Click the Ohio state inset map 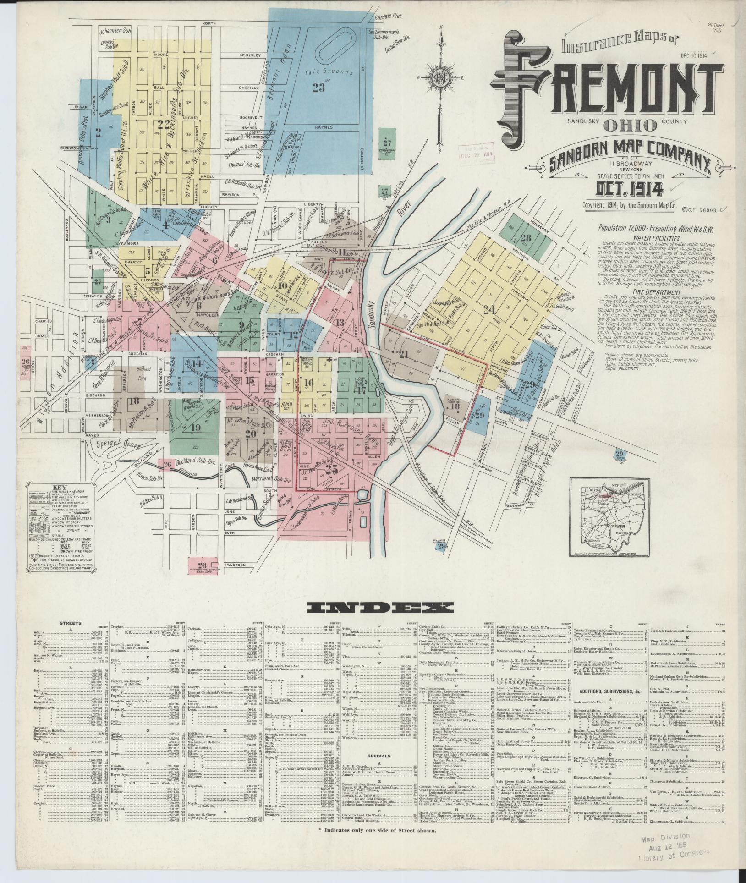point(605,516)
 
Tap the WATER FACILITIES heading point(636,239)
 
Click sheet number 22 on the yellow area point(164,124)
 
